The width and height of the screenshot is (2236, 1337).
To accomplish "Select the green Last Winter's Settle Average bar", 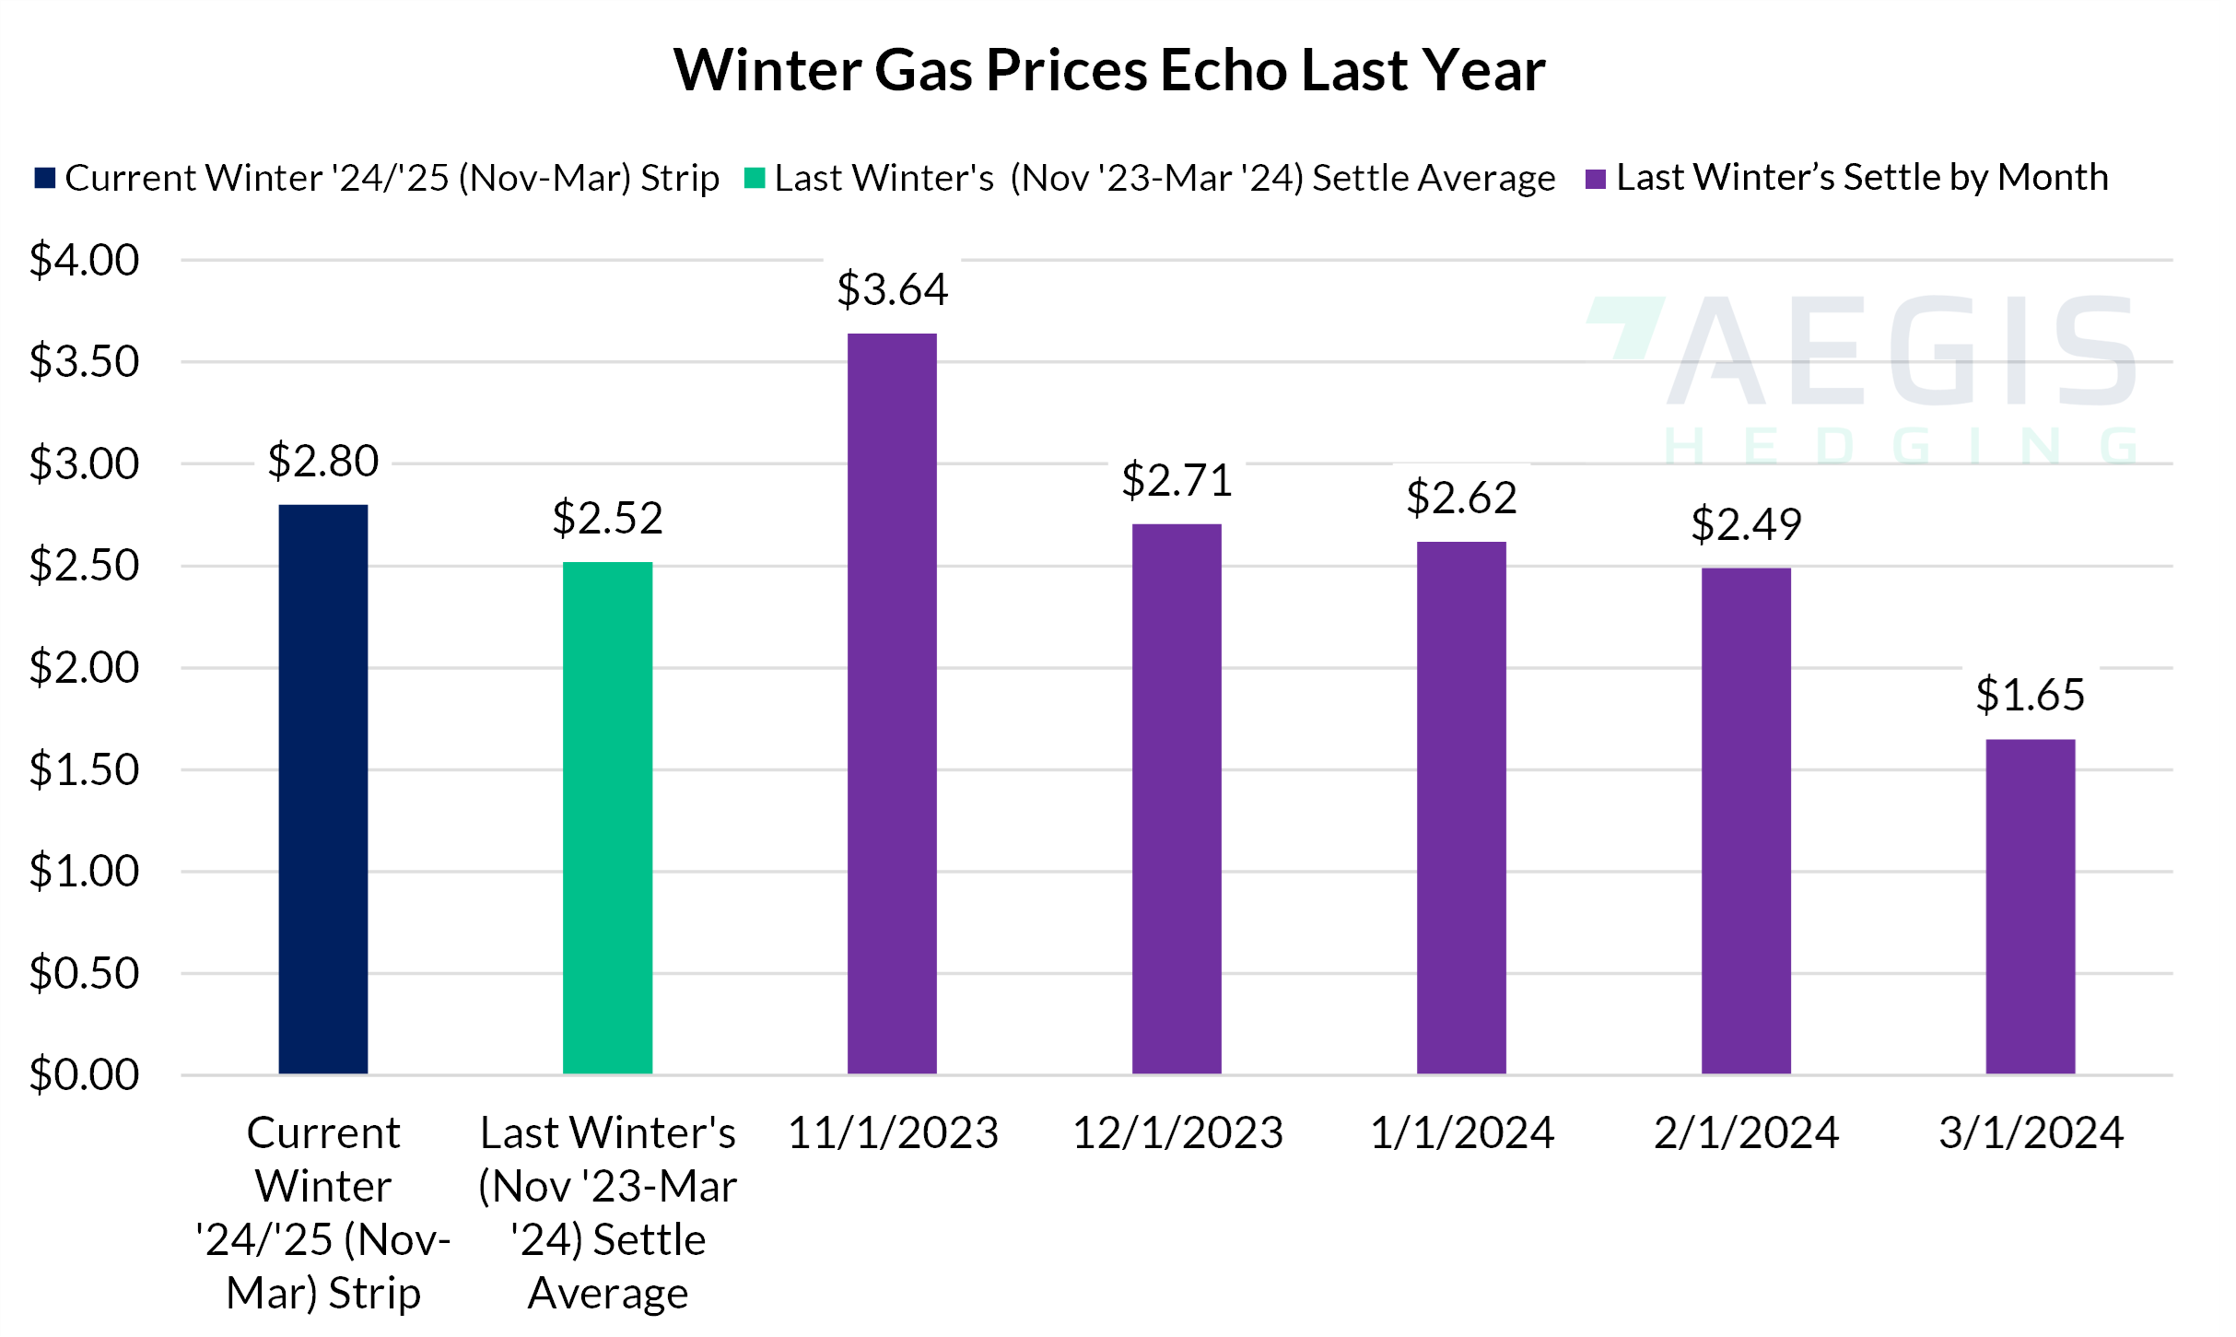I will click(607, 817).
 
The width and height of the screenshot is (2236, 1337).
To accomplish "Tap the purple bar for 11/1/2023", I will click(892, 703).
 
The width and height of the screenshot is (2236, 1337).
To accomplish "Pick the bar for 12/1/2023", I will click(1177, 798).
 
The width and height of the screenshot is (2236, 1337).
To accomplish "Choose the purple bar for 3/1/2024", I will click(2030, 906).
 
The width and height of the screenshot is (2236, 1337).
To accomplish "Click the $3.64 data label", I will click(892, 289).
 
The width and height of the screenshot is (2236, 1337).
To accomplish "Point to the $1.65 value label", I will click(2030, 695).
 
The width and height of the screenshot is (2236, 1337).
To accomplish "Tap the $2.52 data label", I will click(607, 518).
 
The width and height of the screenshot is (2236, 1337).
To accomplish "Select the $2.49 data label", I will click(1746, 524).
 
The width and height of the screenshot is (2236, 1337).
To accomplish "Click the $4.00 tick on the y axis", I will click(84, 260).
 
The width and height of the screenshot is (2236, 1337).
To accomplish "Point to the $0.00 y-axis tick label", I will click(84, 1074).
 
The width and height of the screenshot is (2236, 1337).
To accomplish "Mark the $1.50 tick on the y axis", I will click(84, 769).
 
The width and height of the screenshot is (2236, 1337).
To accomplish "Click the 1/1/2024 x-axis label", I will click(1461, 1132).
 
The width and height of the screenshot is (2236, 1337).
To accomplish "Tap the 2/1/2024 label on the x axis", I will click(1746, 1132).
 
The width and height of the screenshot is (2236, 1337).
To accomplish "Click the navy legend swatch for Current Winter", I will click(45, 178).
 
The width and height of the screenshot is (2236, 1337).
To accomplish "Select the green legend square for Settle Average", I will click(755, 178).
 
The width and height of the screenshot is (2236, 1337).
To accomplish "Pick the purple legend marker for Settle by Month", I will click(1596, 178).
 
